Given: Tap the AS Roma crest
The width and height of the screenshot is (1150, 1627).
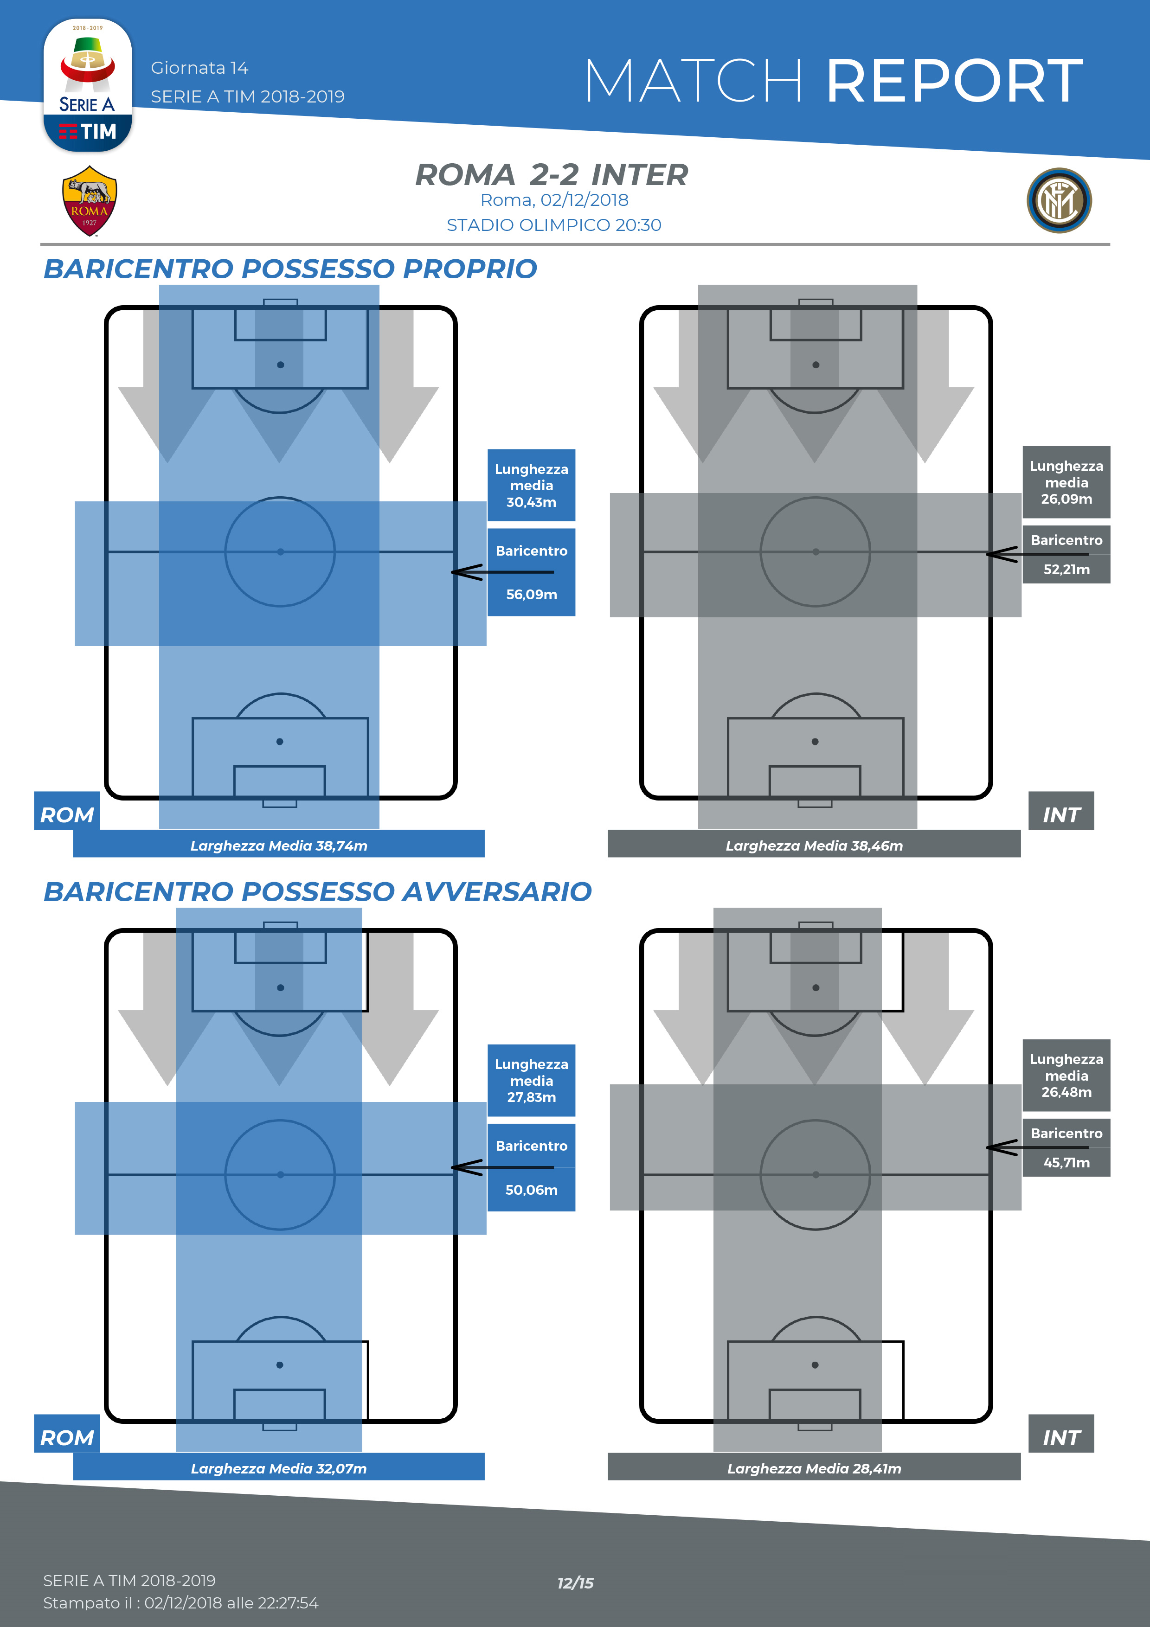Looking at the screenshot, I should click(89, 200).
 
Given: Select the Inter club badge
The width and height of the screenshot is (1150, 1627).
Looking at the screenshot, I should click(1059, 200).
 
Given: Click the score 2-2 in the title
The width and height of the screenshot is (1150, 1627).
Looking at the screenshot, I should click(554, 175).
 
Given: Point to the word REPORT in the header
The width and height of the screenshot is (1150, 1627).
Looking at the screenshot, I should click(954, 82).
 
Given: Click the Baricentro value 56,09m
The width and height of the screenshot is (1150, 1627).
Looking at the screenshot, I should click(532, 595).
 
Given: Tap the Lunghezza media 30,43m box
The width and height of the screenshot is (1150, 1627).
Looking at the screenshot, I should click(532, 486).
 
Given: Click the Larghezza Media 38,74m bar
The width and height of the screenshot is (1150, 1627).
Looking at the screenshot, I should click(278, 846).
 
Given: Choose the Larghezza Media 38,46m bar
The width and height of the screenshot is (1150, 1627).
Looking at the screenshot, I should click(814, 846).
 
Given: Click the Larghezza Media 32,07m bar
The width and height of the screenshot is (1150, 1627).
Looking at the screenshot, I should click(278, 1468).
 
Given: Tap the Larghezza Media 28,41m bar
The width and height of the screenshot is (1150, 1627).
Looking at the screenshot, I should click(814, 1468).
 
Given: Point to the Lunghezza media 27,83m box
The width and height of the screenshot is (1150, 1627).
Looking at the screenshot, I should click(532, 1081).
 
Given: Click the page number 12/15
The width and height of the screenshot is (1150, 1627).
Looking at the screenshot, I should click(575, 1583).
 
